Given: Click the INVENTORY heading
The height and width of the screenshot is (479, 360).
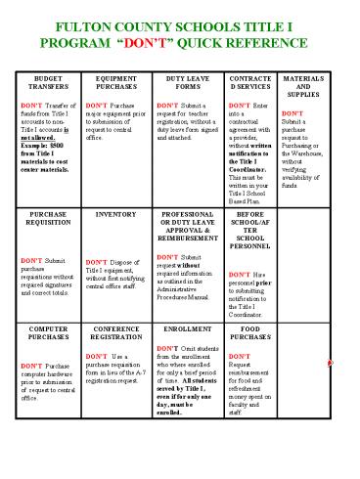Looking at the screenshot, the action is click(115, 213).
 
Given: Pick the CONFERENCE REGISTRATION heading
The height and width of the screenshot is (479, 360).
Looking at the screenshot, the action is click(115, 334).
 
